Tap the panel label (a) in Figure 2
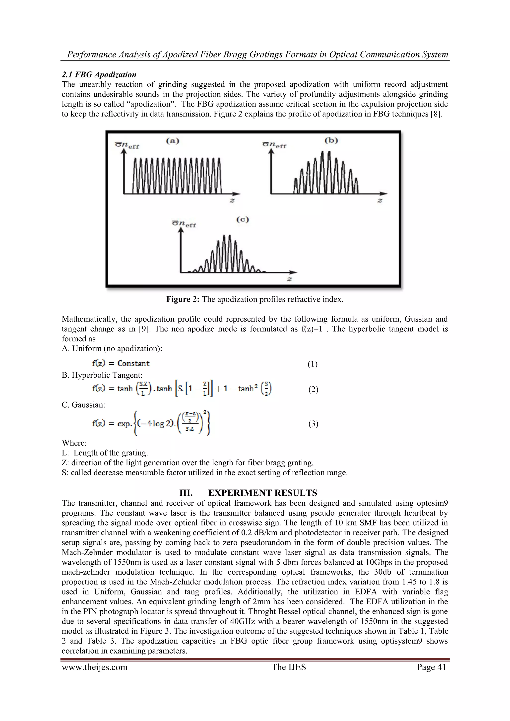172,141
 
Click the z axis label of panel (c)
290,279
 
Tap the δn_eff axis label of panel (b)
274,145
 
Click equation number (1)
313,364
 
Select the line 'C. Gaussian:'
83,405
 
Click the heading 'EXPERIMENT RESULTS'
262,493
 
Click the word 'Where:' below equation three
74,443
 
